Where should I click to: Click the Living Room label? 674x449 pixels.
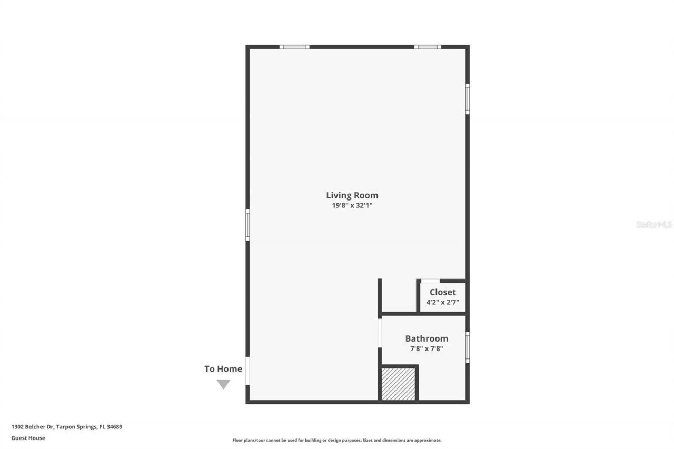352,195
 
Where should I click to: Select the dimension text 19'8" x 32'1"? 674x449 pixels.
352,206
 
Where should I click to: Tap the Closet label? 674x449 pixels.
442,292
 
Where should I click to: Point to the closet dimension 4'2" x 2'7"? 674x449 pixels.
442,302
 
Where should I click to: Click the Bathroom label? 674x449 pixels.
427,338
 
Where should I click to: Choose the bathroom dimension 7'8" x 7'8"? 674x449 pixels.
427,348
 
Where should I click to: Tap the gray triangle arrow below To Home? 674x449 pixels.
223,384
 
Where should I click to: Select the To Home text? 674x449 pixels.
223,369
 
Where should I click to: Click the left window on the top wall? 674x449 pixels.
294,47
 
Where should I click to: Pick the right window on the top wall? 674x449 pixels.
427,47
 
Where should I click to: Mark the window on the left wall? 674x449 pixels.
247,225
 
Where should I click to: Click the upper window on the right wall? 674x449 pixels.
467,99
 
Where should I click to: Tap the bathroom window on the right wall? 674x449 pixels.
467,347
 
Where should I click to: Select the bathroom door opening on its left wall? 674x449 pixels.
380,333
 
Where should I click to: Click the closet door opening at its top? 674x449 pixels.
430,281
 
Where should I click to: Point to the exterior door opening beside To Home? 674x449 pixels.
247,371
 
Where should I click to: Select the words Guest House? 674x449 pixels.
28,438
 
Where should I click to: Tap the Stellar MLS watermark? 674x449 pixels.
654,224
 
